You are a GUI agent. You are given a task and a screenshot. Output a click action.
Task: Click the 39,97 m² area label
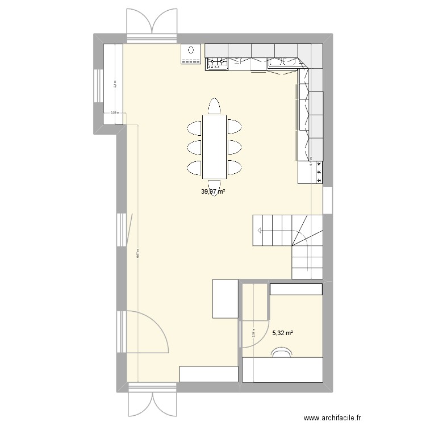tap(212, 191)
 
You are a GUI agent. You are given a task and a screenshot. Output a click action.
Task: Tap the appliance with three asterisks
tap(319, 172)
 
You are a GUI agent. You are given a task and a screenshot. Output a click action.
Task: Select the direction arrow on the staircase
tap(260, 230)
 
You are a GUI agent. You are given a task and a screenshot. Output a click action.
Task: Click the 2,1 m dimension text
tap(115, 84)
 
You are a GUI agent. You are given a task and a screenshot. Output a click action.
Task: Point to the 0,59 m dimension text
tap(115, 112)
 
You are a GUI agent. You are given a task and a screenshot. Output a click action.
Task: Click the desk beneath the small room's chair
tap(283, 370)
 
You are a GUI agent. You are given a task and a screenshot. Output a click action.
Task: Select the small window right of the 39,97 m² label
tap(327, 200)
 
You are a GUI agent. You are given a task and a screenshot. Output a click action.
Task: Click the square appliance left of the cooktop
tap(191, 55)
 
